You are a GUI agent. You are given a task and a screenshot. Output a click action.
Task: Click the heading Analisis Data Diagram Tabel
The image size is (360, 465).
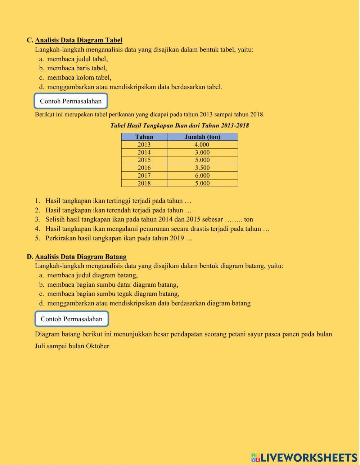pos(78,40)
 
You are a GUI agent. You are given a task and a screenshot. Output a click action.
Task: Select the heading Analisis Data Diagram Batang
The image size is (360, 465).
pos(81,256)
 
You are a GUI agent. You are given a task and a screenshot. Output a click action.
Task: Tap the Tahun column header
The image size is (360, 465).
pos(144,137)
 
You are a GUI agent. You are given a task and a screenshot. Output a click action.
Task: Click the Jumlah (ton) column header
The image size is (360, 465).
pos(202,137)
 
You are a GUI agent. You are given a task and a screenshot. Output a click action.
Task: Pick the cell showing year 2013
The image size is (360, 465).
pos(144,144)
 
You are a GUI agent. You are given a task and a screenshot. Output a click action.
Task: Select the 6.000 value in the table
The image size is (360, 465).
pos(202,175)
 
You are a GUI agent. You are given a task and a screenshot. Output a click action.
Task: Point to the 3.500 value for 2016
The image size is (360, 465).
pos(202,167)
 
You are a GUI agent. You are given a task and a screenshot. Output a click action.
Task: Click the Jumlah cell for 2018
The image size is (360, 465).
pos(202,183)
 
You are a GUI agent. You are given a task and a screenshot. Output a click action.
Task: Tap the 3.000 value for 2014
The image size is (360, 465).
pos(202,152)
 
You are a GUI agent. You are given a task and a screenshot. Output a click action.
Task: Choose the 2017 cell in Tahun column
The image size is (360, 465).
pos(144,175)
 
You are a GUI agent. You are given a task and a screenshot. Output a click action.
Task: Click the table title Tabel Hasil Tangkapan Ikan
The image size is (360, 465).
pos(179,126)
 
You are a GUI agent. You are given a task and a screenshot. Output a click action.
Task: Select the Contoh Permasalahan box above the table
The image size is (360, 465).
pos(71,101)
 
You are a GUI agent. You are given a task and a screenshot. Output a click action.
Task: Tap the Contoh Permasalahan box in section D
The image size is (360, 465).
pos(72,319)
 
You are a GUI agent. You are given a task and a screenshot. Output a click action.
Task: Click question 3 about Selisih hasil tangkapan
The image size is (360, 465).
pos(149,219)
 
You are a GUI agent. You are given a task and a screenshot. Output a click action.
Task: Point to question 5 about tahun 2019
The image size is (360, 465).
pos(119,238)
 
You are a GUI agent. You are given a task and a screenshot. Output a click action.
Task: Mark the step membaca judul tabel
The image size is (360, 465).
pos(77,59)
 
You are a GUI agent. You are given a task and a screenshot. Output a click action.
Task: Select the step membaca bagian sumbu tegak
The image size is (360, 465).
pos(113,294)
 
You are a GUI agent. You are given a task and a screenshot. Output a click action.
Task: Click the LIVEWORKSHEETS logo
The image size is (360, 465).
pos(304,457)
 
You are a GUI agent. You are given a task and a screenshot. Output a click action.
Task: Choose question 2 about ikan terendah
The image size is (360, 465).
pos(118,210)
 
